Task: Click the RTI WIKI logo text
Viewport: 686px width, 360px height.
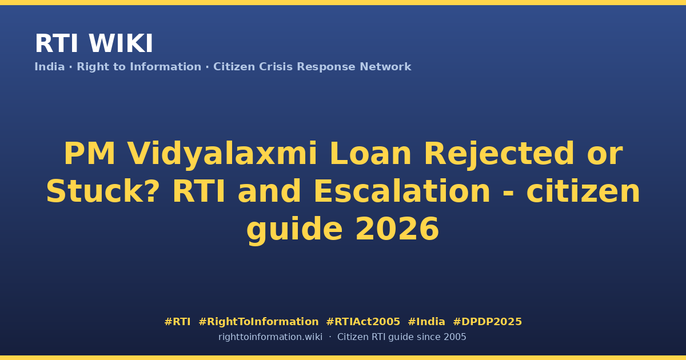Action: [94, 44]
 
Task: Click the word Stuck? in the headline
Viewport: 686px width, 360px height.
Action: [103, 191]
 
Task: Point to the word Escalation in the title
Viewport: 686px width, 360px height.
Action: [402, 191]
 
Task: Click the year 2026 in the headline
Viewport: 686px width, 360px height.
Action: [397, 229]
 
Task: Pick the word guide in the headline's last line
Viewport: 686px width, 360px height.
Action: [294, 230]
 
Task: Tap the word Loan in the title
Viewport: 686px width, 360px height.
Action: [370, 154]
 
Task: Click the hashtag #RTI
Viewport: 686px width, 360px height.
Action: [177, 322]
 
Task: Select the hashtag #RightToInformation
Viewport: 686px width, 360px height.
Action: [258, 322]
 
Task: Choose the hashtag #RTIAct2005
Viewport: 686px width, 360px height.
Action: [363, 322]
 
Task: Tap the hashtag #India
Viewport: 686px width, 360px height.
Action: [426, 322]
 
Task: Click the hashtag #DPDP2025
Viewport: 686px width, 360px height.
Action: [487, 322]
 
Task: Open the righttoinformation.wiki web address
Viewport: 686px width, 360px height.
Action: [270, 337]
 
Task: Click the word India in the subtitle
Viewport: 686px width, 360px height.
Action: [50, 67]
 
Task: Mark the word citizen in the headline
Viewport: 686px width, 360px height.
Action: [583, 191]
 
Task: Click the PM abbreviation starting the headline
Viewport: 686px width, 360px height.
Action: [89, 154]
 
